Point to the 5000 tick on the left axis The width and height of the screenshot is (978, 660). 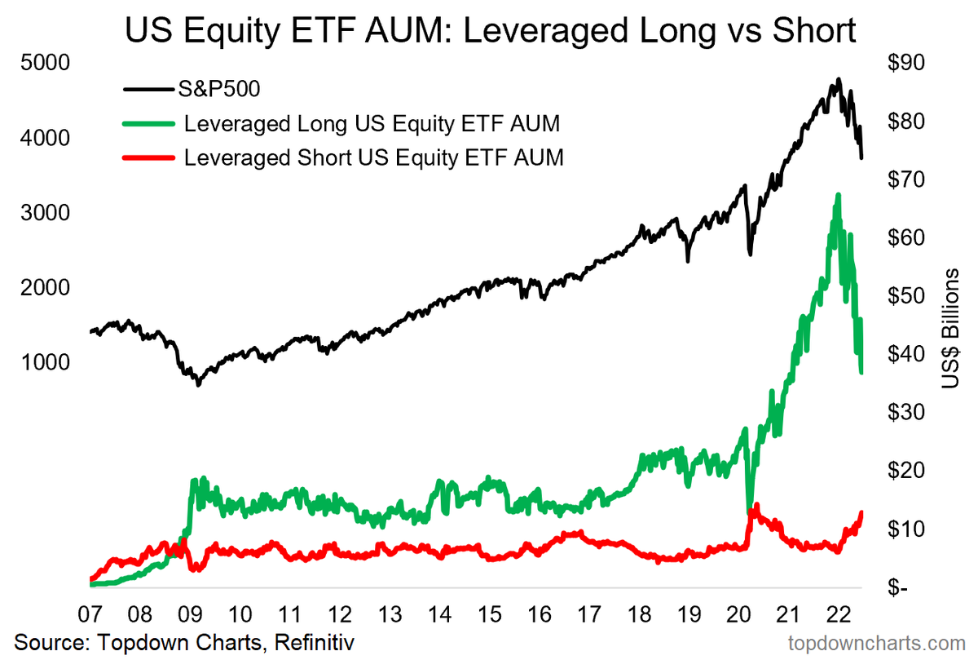click(x=41, y=63)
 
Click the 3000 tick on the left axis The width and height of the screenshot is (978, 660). click(x=41, y=213)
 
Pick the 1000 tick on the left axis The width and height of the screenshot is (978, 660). click(x=41, y=362)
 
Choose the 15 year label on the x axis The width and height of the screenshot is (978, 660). click(x=489, y=613)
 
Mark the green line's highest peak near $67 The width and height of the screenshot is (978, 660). click(x=838, y=196)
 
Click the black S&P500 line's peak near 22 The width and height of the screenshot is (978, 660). click(x=838, y=80)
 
